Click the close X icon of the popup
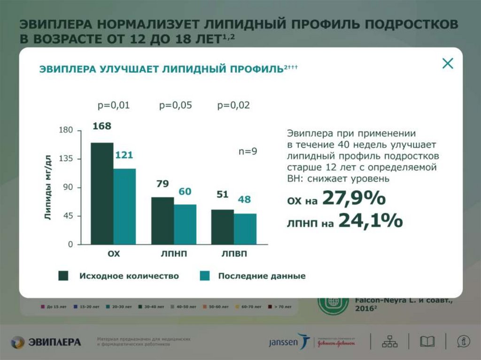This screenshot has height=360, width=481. click(448, 64)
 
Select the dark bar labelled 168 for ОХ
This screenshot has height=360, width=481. click(102, 193)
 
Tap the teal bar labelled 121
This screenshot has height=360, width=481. click(124, 206)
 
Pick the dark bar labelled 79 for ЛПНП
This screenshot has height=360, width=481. click(162, 220)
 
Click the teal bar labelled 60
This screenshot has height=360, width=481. click(185, 224)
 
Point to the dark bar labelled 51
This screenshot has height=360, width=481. click(223, 227)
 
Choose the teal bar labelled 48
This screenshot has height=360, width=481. click(245, 229)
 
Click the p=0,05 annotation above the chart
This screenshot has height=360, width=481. click(175, 106)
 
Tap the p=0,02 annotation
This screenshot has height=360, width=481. click(233, 106)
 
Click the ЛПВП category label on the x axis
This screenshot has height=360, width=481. click(234, 254)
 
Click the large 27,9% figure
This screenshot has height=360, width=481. click(354, 199)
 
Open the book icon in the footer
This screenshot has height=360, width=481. click(427, 342)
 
